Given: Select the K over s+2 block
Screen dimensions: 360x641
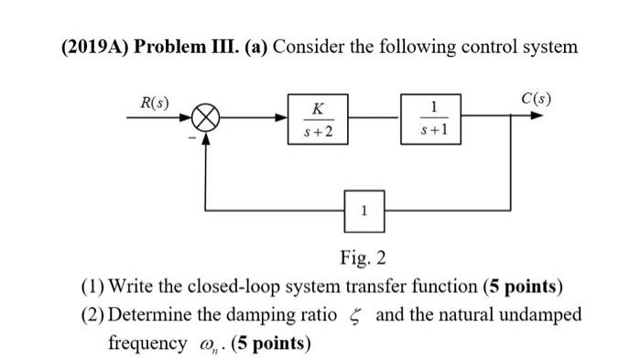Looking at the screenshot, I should tap(318, 120).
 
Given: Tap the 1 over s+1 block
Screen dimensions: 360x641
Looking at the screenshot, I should tap(429, 120).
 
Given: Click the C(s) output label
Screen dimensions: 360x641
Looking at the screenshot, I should tap(536, 98).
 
